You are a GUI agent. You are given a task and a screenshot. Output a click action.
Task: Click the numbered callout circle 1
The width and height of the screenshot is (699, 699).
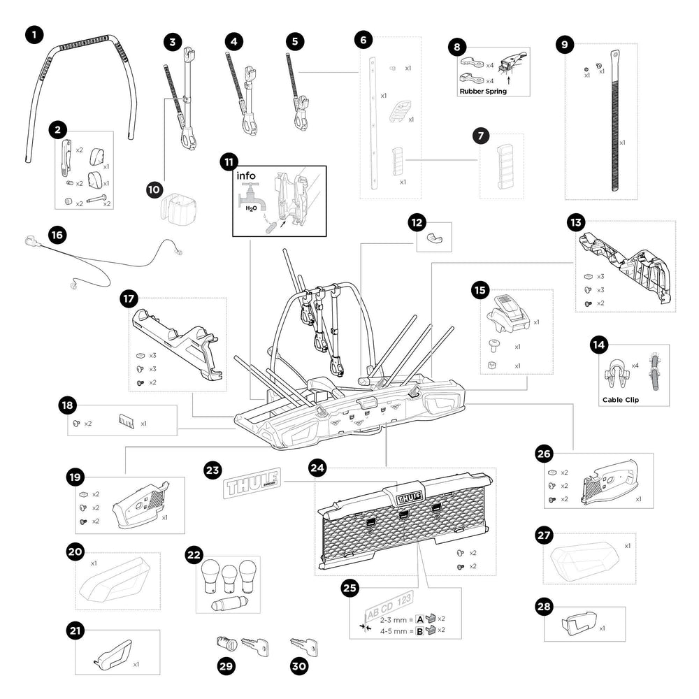tap(34, 34)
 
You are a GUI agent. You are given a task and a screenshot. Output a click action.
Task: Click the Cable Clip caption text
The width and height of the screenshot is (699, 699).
tap(621, 401)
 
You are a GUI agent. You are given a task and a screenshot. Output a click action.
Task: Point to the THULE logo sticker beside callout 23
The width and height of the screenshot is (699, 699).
tap(251, 482)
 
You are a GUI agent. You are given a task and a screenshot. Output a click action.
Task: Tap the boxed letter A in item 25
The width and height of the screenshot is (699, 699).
tap(420, 619)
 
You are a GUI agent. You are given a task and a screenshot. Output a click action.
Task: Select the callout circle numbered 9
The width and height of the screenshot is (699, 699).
tap(565, 43)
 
